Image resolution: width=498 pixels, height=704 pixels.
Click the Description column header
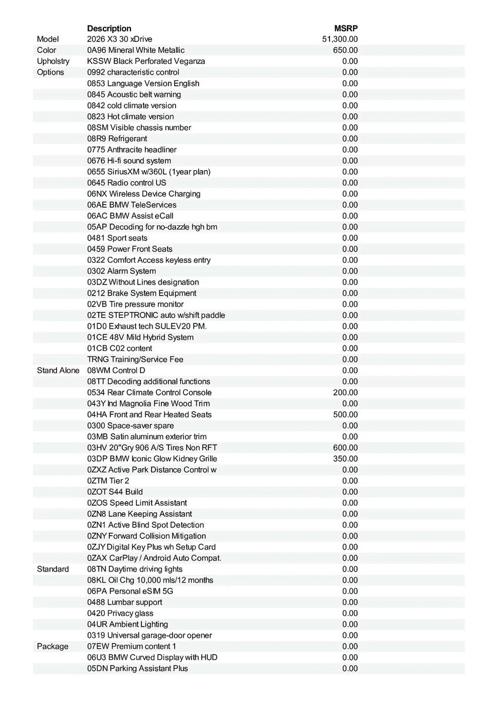point(109,28)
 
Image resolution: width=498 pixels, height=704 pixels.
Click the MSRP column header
point(346,28)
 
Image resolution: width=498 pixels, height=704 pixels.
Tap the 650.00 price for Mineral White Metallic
point(345,50)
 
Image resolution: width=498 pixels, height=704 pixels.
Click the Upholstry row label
point(53,62)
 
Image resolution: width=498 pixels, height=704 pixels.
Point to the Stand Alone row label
point(58,371)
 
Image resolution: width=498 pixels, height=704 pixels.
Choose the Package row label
point(52,647)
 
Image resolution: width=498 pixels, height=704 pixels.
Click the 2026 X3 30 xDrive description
point(119,39)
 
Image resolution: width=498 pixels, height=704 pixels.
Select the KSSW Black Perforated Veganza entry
point(146,62)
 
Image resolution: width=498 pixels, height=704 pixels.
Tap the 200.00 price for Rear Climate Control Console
point(345,392)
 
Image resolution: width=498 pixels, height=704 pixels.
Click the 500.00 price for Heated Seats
point(345,415)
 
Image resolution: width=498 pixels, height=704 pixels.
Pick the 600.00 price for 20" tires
point(345,448)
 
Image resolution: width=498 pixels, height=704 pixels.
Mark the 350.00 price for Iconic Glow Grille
point(345,459)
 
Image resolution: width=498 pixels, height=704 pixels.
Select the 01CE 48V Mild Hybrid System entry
point(140,337)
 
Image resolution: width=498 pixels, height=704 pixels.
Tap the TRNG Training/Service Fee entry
point(135,360)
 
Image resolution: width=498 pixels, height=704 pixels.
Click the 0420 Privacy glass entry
point(120,613)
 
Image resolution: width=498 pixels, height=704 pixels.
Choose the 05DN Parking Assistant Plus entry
point(137,668)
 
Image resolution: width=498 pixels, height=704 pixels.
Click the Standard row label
point(53,569)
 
